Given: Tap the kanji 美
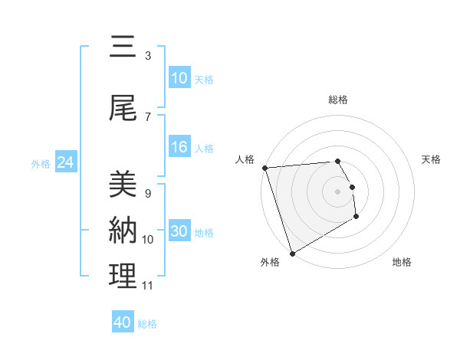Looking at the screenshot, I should [123, 185].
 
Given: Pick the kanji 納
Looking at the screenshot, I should [123, 230].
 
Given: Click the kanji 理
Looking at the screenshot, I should [123, 277].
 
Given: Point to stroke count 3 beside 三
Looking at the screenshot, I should [148, 56].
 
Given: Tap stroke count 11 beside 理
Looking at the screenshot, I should [148, 286].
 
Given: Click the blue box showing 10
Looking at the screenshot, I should [179, 78].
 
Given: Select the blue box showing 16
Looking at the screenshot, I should [179, 147].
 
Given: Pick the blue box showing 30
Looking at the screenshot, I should [179, 231].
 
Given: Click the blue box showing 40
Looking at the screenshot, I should [123, 322].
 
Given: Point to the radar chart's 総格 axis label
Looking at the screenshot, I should [338, 100].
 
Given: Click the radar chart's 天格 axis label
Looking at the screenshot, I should [432, 159].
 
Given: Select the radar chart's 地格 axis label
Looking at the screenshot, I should [402, 262].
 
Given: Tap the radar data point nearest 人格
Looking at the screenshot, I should [264, 168].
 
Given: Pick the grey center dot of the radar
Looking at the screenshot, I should [338, 191].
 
